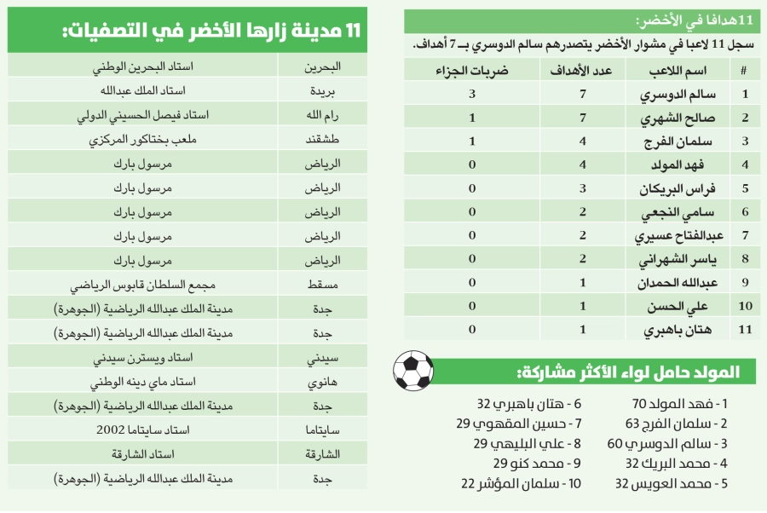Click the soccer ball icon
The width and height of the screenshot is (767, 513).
coord(412,369)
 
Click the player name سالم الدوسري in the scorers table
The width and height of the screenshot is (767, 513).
coord(678,95)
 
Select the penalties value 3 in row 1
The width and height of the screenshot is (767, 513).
coord(471,95)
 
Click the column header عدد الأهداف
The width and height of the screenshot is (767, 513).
coord(583,72)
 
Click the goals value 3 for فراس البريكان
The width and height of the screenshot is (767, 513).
coord(583,188)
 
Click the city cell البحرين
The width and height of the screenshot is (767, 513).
coord(324,66)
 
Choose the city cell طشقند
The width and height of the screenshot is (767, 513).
coord(324,140)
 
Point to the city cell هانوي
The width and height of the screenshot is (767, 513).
coord(324,383)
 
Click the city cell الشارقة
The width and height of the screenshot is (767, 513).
coord(324,456)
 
